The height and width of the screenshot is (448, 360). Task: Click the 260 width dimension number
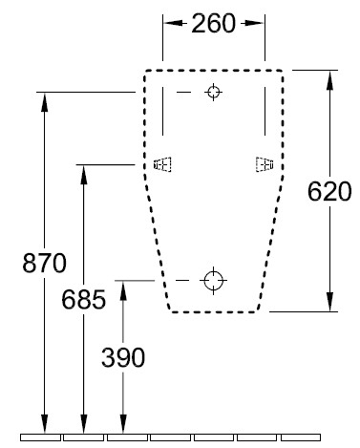[x=213, y=23]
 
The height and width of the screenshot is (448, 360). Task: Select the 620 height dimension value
[x=329, y=191]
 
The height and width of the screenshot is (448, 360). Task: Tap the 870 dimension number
[x=44, y=263]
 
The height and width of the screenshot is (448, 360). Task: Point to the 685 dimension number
[x=83, y=299]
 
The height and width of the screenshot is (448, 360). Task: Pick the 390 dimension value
[x=123, y=357]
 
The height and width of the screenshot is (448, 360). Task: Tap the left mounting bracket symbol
[x=162, y=164]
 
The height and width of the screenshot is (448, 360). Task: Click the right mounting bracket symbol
[x=265, y=164]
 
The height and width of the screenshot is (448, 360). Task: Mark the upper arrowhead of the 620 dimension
[x=329, y=79]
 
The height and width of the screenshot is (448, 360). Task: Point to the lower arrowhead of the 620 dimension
[x=329, y=302]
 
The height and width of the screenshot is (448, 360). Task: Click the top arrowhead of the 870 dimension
[x=45, y=102]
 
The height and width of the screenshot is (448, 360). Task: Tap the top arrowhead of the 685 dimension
[x=84, y=175]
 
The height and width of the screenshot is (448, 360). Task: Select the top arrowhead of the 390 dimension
[x=123, y=290]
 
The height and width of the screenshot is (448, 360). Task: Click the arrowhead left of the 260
[x=173, y=23]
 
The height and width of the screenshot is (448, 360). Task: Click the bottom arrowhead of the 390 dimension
[x=123, y=424]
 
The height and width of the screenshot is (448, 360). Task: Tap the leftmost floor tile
[x=40, y=437]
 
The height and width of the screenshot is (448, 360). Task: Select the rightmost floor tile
[x=301, y=437]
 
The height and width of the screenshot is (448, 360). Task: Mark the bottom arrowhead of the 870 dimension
[x=45, y=424]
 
